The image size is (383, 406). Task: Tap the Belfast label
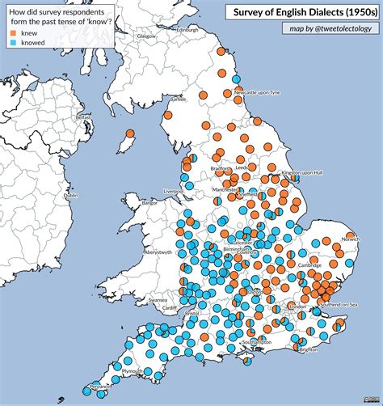[84, 117]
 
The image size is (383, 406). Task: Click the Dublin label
[71, 196]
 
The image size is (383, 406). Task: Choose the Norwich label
[350, 239]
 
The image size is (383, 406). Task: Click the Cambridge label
[309, 265]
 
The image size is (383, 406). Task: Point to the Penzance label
[102, 387]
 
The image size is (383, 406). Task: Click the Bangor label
[151, 204]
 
